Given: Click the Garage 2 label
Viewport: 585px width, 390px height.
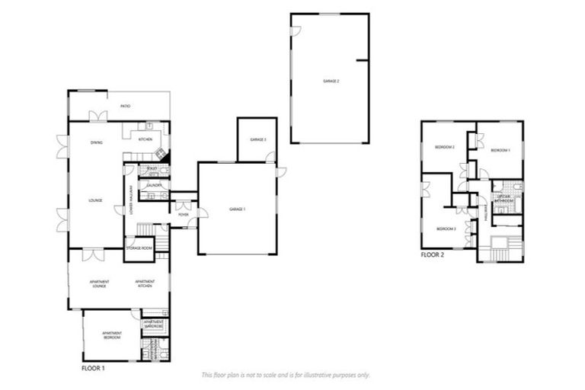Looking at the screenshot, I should pyautogui.click(x=331, y=80).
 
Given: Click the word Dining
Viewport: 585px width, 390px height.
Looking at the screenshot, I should pyautogui.click(x=97, y=142).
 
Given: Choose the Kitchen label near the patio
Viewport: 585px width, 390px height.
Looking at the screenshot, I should pyautogui.click(x=145, y=140).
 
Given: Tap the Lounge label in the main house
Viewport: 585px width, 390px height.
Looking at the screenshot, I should pyautogui.click(x=97, y=201).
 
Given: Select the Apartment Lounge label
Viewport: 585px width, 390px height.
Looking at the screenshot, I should pyautogui.click(x=99, y=283).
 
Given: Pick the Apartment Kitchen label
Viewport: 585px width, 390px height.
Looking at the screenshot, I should pyautogui.click(x=145, y=283).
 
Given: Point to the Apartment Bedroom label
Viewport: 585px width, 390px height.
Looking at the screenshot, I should pyautogui.click(x=112, y=335).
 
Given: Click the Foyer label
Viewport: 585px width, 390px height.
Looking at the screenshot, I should pyautogui.click(x=184, y=215).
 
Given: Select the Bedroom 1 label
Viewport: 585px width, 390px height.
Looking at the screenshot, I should pyautogui.click(x=500, y=151).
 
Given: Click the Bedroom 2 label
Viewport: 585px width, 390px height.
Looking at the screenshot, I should pyautogui.click(x=445, y=146).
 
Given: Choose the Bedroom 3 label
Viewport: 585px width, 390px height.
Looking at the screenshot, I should pyautogui.click(x=446, y=229).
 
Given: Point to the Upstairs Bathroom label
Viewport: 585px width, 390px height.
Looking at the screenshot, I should pyautogui.click(x=503, y=199).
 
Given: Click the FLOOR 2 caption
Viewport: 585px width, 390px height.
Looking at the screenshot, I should pyautogui.click(x=433, y=255).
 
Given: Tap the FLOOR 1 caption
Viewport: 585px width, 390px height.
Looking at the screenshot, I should pyautogui.click(x=93, y=367).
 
